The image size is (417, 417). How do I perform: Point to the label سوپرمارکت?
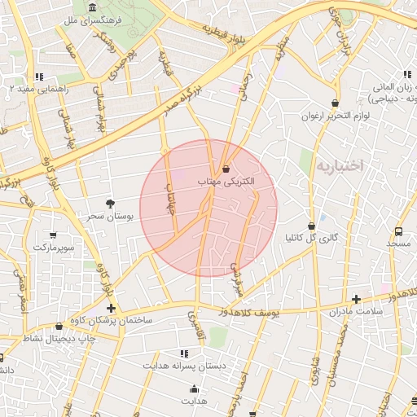tap(55, 246)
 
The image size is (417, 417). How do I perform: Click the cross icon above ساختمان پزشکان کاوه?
tap(111, 308)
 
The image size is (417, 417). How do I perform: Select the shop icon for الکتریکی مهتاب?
tap(226, 169)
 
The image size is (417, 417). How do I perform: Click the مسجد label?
tap(400, 244)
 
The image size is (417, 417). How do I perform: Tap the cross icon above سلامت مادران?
tap(356, 299)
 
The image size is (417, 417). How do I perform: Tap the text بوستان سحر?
tap(109, 216)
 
